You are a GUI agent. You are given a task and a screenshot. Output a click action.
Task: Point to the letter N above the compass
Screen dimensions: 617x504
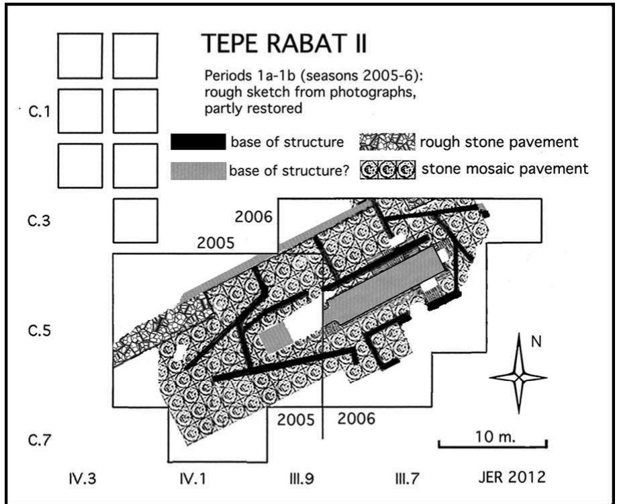pos(536,342)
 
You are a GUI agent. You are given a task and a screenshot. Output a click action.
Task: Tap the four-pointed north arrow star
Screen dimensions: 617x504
pos(519,378)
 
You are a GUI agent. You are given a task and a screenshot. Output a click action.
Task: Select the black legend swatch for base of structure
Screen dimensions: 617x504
pos(197,142)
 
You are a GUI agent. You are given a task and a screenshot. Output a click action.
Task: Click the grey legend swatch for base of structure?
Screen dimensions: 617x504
pos(197,171)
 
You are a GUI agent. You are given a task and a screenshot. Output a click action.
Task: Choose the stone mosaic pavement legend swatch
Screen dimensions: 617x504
pos(388,169)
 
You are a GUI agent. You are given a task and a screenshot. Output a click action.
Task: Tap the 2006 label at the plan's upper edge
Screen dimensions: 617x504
pos(253,216)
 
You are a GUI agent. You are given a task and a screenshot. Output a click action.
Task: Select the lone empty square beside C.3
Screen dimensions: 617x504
pos(135,220)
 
